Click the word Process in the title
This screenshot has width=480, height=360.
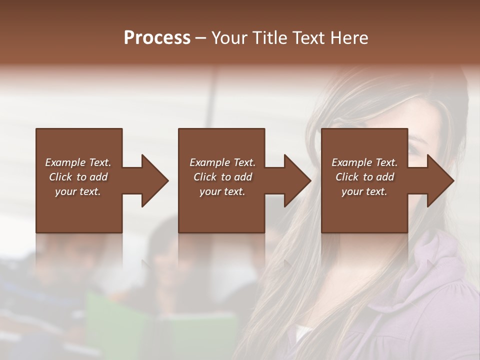coord(157,38)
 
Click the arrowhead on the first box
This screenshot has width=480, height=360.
coord(153,180)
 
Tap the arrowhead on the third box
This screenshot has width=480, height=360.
coord(439,180)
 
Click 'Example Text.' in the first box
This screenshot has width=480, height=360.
coord(78,162)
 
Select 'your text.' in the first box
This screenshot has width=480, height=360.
coord(78,191)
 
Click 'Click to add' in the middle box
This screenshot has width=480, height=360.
coord(222,177)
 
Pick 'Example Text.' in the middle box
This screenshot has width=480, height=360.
coord(222,162)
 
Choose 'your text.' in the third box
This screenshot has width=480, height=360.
coord(364,191)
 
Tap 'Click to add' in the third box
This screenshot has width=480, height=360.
coord(364,177)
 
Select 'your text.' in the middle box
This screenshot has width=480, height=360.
coord(222,191)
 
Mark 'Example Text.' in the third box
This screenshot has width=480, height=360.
coord(364,162)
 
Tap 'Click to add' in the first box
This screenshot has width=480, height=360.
coord(78,177)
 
